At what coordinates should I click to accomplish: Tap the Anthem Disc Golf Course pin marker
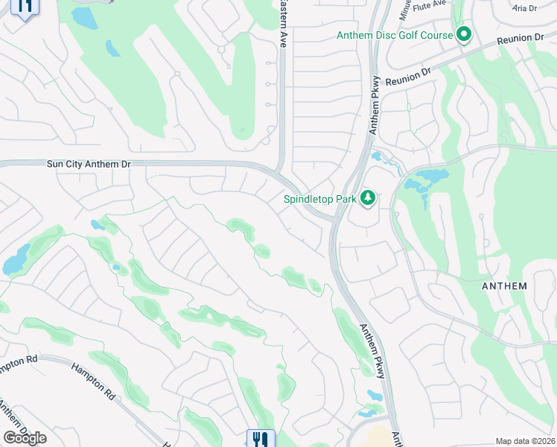(x=465, y=35)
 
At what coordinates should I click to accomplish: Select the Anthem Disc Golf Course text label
(x=395, y=36)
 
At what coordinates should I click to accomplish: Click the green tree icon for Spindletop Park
(x=366, y=198)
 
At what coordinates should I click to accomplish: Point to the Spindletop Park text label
(x=319, y=199)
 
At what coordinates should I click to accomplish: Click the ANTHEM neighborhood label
(x=503, y=286)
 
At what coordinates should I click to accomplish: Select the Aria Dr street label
(x=525, y=8)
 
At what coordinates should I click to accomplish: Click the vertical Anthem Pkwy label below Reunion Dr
(x=375, y=104)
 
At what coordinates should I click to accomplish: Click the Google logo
(x=25, y=438)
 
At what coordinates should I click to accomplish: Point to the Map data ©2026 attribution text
(x=524, y=441)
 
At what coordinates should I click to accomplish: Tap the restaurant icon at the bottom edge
(x=260, y=439)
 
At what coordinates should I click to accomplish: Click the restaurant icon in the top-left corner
(x=25, y=7)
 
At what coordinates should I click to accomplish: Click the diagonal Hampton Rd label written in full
(x=93, y=380)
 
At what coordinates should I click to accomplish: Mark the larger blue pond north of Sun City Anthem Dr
(x=83, y=19)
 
